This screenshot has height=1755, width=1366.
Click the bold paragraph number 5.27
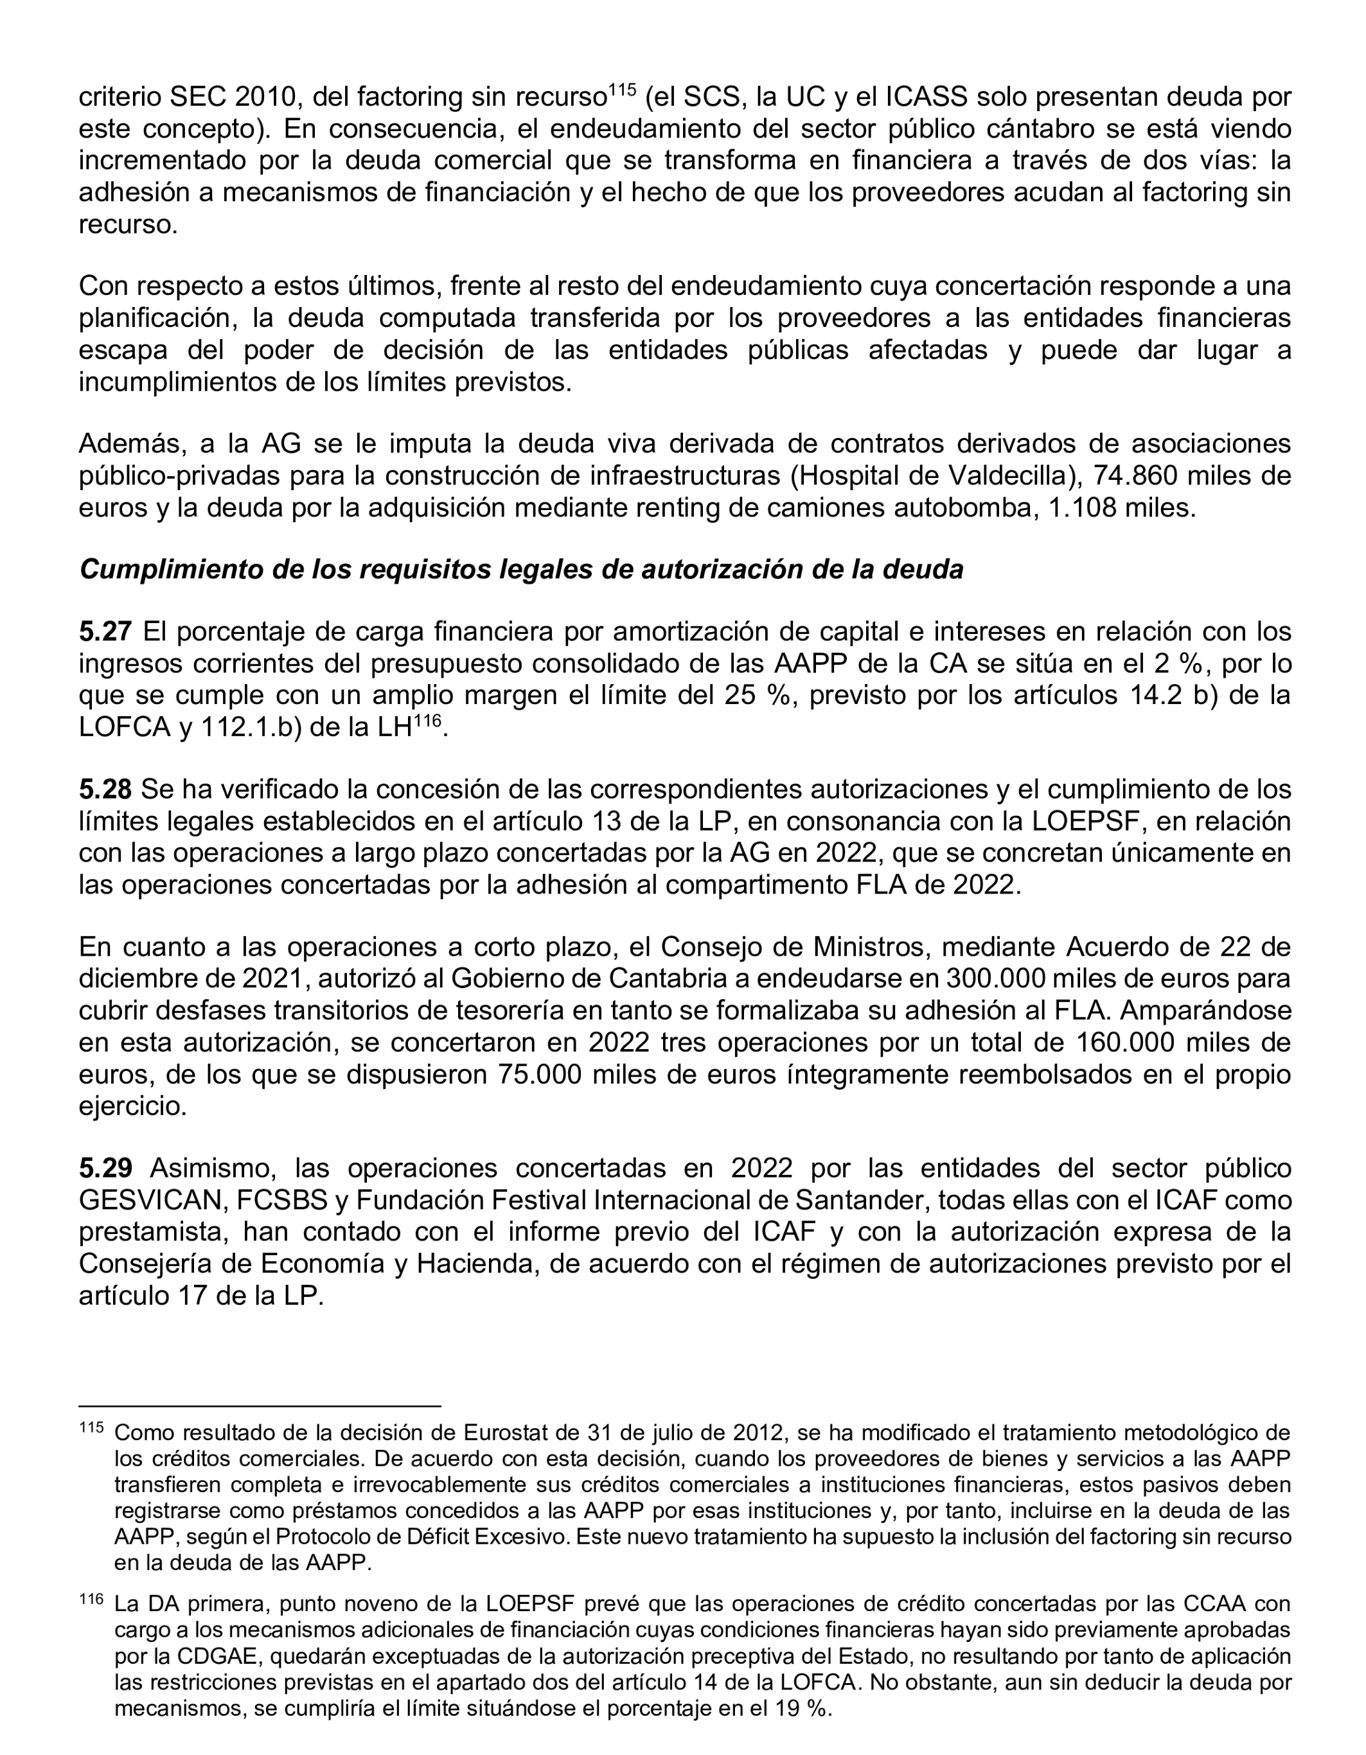105,631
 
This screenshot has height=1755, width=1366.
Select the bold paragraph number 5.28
105,789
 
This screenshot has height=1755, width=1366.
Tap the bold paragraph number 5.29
105,1168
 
